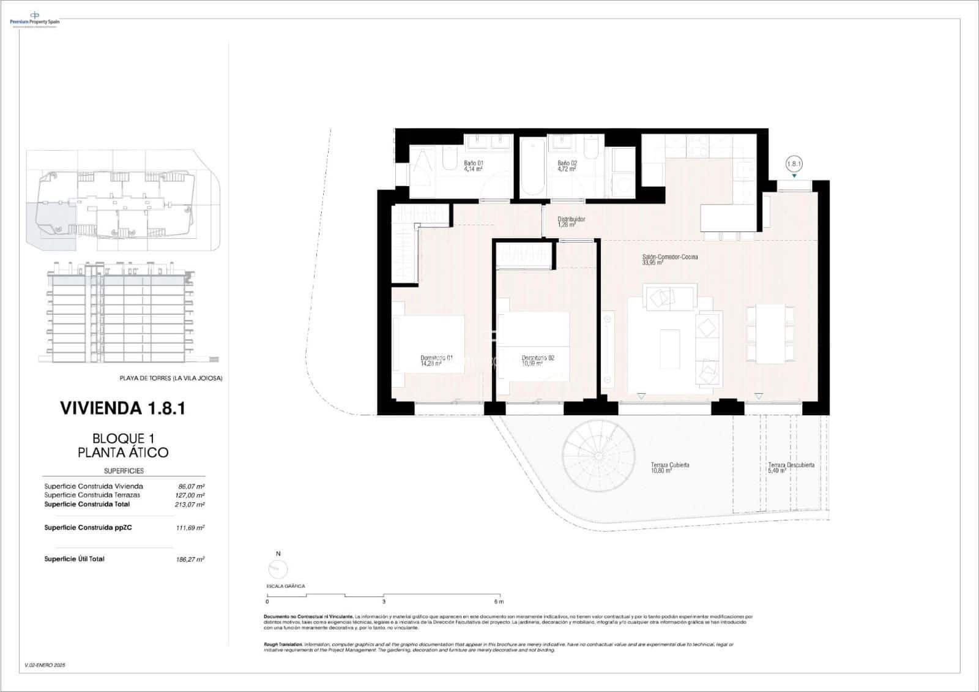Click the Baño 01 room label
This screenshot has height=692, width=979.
pyautogui.click(x=474, y=166)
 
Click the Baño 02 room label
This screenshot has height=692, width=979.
pyautogui.click(x=567, y=166)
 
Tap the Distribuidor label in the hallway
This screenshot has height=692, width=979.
pyautogui.click(x=571, y=222)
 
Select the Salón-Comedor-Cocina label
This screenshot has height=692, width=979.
pyautogui.click(x=670, y=260)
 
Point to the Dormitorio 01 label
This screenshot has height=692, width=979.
pyautogui.click(x=436, y=360)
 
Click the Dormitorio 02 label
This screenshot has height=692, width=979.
pyautogui.click(x=538, y=360)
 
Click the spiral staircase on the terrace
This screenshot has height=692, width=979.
pyautogui.click(x=596, y=458)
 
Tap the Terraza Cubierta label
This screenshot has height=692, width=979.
pyautogui.click(x=670, y=468)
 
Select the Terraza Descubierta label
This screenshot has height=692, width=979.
pyautogui.click(x=791, y=468)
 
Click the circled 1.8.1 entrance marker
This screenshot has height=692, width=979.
pyautogui.click(x=794, y=164)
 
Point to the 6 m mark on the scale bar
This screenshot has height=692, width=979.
pyautogui.click(x=500, y=601)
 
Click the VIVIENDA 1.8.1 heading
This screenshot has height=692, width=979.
pyautogui.click(x=122, y=408)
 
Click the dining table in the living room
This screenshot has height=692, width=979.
pyautogui.click(x=770, y=334)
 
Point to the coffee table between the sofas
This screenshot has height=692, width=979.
pyautogui.click(x=669, y=348)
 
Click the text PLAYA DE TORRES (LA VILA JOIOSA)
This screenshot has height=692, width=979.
pyautogui.click(x=171, y=378)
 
